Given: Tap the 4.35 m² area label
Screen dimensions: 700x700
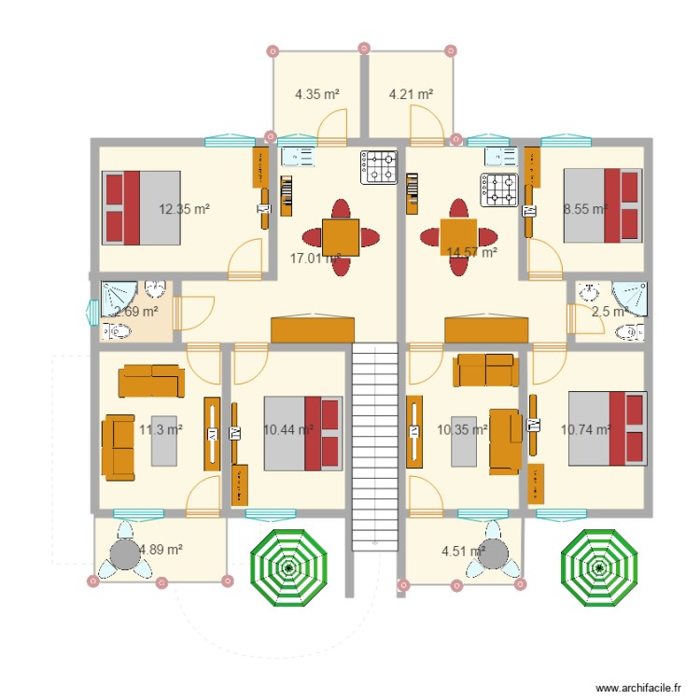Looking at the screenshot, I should pos(316,93).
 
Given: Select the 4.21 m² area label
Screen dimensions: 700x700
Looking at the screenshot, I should pos(411,93).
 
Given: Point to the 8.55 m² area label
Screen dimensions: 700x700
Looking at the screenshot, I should pos(584,209).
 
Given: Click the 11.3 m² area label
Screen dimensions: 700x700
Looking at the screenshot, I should pos(160,429).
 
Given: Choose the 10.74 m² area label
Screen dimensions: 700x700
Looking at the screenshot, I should pos(585,429).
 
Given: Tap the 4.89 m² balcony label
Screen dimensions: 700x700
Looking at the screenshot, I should pos(160,550).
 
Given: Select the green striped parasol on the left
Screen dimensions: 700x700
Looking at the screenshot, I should pos(288,567).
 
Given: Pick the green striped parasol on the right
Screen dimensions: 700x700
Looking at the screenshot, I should pos(598,567).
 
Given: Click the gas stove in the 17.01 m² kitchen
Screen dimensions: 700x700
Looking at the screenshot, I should pos(380,167).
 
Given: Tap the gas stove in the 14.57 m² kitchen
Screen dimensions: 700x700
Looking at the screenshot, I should pos(498,189).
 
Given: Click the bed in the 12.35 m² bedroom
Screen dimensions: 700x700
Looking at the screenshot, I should pos(140,207).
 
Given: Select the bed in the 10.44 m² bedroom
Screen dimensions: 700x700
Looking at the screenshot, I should pos(302,433).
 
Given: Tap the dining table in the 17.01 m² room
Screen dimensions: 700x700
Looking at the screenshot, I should pos(340,236).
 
